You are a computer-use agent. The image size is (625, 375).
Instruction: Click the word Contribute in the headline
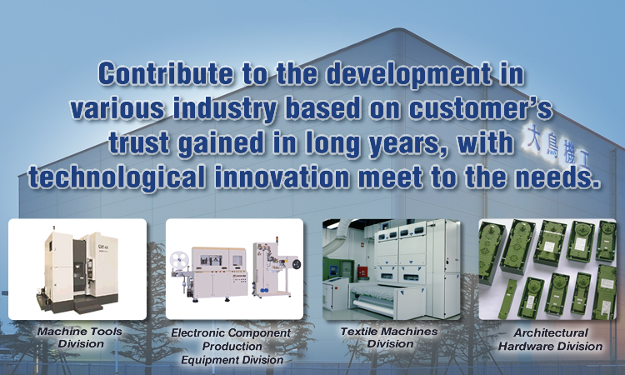(166, 73)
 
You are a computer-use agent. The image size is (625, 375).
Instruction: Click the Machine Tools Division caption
(80, 337)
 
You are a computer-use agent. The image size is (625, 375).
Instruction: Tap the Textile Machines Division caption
(389, 337)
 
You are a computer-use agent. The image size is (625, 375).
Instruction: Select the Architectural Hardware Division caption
(551, 339)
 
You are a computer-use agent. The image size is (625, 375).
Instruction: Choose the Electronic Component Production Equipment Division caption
(232, 346)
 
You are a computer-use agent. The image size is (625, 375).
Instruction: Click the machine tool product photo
(77, 269)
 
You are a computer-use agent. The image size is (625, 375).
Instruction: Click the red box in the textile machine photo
(362, 272)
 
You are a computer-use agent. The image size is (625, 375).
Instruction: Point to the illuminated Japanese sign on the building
(556, 147)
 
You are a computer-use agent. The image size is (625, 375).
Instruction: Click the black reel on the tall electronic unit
(296, 264)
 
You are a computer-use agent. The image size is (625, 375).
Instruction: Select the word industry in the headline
(225, 109)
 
